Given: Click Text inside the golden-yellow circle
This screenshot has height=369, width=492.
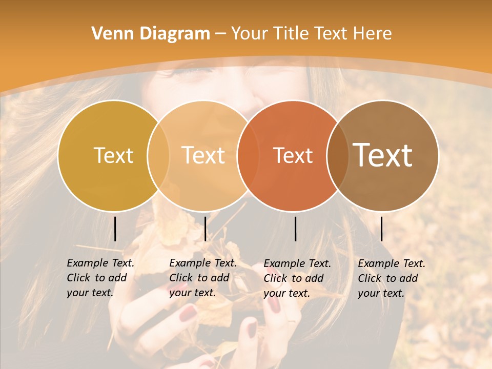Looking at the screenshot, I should click(113, 155).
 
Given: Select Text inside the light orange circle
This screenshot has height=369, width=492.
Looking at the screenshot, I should click(203, 155).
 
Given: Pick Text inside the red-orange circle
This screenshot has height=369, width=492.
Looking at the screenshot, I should click(293, 155).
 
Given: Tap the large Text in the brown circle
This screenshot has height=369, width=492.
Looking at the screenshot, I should click(383, 155).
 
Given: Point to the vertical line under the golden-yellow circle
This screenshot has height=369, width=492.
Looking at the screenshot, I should click(115, 229).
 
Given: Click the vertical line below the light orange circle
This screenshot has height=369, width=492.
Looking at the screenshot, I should click(205, 229).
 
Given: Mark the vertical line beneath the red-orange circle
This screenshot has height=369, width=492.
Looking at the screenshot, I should click(295, 229).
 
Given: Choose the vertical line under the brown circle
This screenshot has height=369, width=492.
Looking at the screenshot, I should click(381, 229).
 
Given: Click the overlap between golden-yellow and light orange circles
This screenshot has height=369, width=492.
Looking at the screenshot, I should click(158, 155).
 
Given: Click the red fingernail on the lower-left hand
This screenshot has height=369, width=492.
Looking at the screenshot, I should click(188, 312).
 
